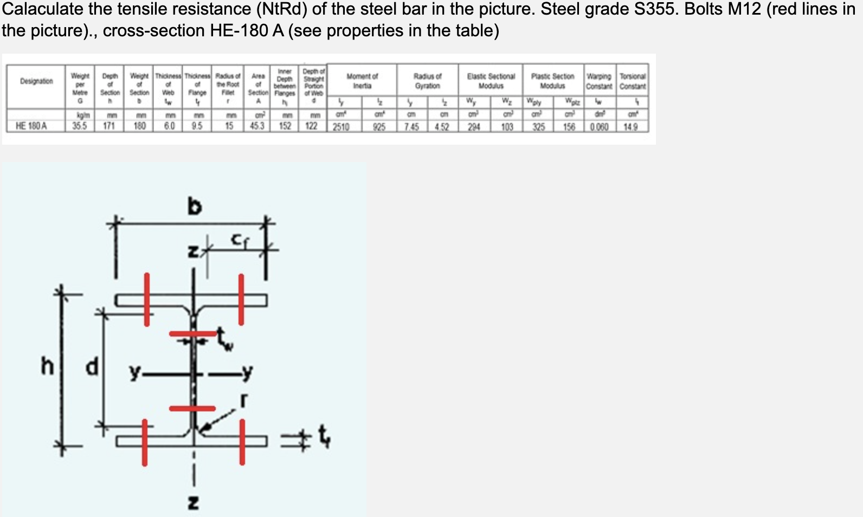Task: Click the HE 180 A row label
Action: [x=31, y=126]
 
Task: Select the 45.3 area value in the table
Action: [x=257, y=126]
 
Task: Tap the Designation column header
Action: [x=36, y=81]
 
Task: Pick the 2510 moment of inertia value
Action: [x=341, y=127]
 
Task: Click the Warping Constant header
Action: [x=599, y=81]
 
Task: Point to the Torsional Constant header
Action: [x=633, y=81]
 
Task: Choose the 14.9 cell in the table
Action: [x=630, y=127]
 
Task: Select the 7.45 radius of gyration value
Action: [x=411, y=127]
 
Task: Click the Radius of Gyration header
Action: [x=427, y=81]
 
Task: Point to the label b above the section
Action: [x=194, y=206]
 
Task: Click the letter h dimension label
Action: [x=48, y=367]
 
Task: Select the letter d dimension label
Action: [x=92, y=367]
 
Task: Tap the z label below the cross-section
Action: [x=192, y=503]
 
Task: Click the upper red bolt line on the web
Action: [x=192, y=333]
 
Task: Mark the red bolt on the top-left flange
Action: [x=147, y=300]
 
